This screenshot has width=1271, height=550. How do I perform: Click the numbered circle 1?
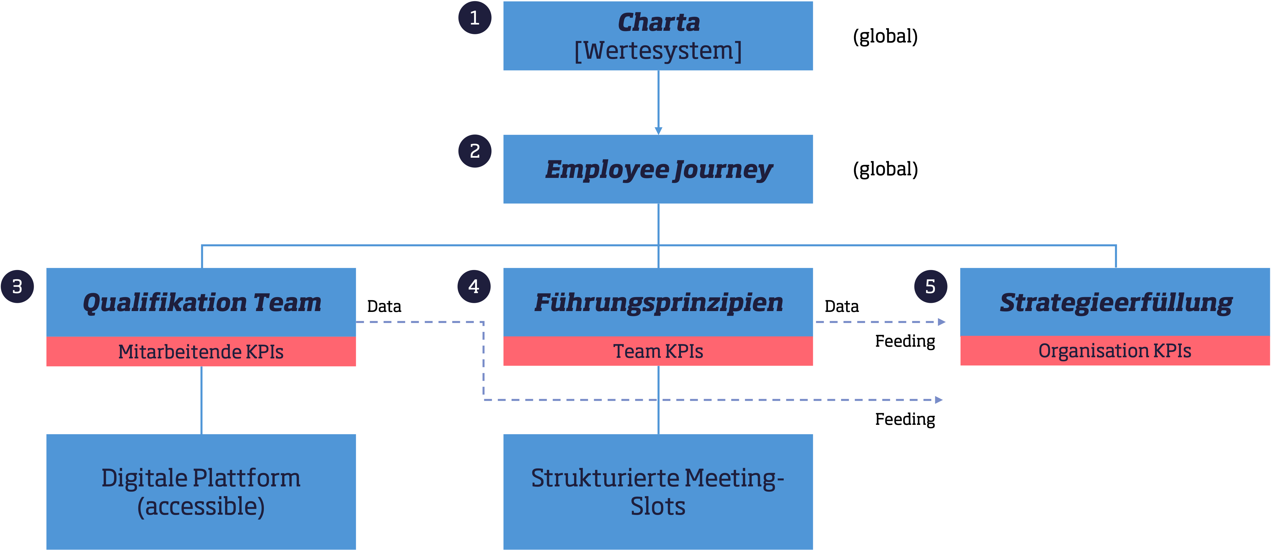click(475, 18)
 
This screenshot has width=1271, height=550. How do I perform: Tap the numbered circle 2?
click(475, 151)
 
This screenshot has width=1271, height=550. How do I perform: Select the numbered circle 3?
click(17, 286)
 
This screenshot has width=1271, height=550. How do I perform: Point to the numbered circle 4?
click(474, 286)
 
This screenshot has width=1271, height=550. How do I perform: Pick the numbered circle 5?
click(931, 286)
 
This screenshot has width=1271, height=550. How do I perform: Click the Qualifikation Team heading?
click(201, 303)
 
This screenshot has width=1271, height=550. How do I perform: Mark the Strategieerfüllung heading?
click(1115, 303)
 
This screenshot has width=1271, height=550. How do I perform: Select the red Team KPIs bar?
click(658, 351)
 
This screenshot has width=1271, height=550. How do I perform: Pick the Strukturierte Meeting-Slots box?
click(658, 492)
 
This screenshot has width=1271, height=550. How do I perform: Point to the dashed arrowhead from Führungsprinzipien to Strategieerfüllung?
click(941, 322)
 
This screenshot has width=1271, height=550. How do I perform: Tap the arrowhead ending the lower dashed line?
click(939, 400)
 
